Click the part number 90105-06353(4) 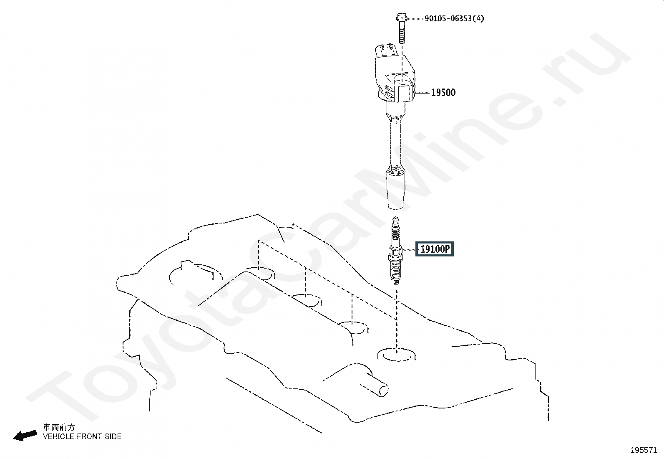(454, 19)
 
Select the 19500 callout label (443, 93)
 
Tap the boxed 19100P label (435, 250)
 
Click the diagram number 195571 (644, 450)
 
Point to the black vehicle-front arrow (25, 436)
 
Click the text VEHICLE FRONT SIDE (82, 436)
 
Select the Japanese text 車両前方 (59, 428)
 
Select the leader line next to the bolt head (415, 19)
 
